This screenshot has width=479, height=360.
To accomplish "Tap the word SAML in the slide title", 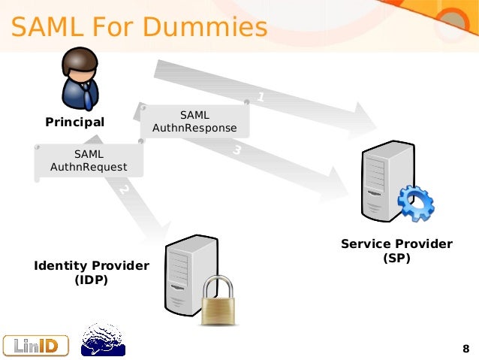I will [x=45, y=27].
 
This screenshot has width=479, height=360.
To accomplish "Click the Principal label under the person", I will [x=75, y=122].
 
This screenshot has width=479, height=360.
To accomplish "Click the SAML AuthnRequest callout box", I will [x=89, y=161].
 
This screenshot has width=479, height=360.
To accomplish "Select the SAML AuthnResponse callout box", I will [x=194, y=121].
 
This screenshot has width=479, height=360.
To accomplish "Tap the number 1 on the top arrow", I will [x=261, y=97].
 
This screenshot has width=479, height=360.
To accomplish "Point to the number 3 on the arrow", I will [x=236, y=150].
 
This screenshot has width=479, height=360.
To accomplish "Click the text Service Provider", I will [x=396, y=244].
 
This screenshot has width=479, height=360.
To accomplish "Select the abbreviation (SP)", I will [x=396, y=258].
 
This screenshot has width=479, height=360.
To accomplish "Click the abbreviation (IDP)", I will [x=92, y=280].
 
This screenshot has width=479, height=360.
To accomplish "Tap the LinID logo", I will [x=35, y=344].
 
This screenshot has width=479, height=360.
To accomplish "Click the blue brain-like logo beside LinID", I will [x=102, y=340].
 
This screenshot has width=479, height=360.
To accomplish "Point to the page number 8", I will [x=465, y=349].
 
